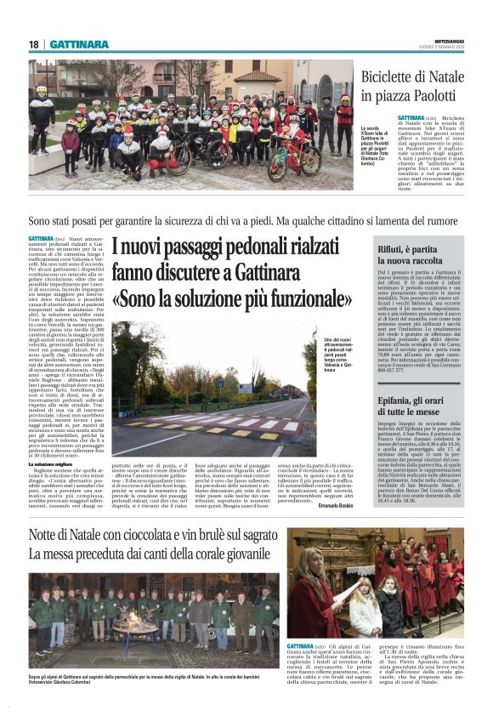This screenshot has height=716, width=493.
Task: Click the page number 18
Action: click(x=34, y=44)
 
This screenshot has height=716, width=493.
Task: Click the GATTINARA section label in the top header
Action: click(x=79, y=44)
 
